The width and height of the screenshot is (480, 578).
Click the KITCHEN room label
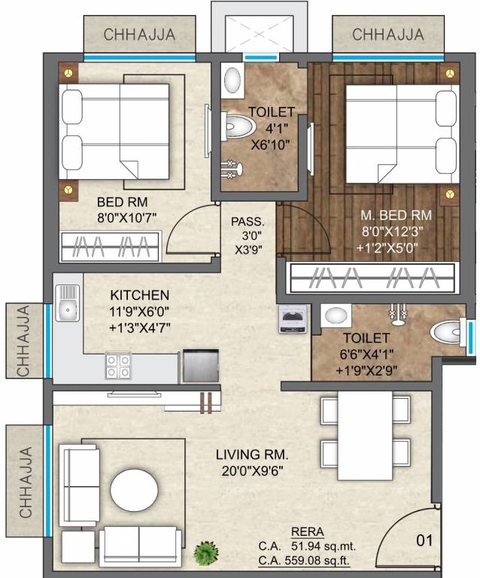[139, 294]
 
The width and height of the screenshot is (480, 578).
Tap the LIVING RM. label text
[252, 455]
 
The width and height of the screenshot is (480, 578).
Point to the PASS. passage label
[248, 222]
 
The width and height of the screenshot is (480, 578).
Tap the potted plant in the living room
[204, 553]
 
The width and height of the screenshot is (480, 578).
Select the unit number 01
[426, 539]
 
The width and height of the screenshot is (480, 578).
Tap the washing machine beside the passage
[291, 319]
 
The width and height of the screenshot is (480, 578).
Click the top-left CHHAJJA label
[139, 35]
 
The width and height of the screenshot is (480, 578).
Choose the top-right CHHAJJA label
[387, 35]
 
